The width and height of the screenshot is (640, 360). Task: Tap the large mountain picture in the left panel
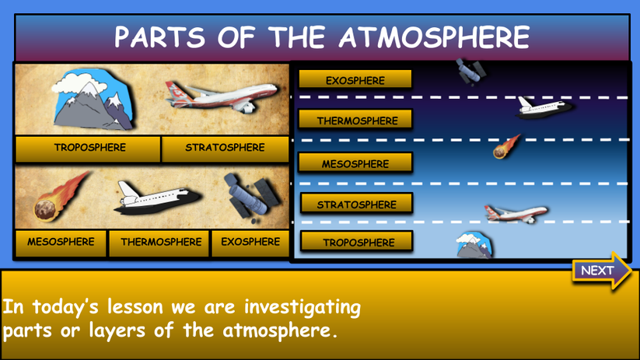tap(89, 100)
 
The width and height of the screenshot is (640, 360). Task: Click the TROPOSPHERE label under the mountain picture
tap(89, 148)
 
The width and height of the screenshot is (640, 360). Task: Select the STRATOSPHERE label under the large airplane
tap(225, 148)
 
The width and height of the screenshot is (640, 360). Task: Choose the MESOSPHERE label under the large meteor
tap(60, 243)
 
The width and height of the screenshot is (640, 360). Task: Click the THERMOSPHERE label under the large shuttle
tap(160, 243)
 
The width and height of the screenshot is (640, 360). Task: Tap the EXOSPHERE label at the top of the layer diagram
tap(355, 80)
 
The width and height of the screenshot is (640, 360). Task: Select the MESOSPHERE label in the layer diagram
tap(355, 164)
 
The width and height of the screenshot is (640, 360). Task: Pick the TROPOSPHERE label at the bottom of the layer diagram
tap(358, 243)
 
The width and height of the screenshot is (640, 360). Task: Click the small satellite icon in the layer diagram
tap(472, 72)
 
